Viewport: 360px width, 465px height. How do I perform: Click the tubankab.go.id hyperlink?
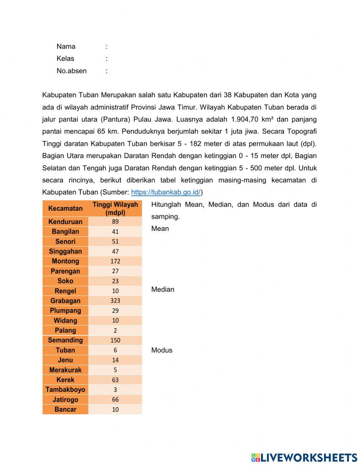pos(166,192)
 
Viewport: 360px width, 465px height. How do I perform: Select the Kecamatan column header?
pos(65,209)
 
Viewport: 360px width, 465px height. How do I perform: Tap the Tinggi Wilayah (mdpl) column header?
pos(115,209)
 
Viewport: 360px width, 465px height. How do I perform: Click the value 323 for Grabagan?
pos(115,301)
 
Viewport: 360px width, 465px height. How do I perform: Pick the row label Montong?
pos(65,261)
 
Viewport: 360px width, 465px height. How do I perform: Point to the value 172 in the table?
pos(115,261)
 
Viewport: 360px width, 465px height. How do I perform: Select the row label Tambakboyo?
pos(65,390)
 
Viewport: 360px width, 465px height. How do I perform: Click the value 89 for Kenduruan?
pos(115,222)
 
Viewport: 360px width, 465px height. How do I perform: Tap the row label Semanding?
pos(65,340)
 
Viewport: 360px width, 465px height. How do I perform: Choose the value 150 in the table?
pos(115,340)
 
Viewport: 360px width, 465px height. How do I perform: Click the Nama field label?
pos(66,46)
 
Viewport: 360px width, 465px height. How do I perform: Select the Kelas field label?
pos(65,59)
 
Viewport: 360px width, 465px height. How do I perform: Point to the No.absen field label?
pos(71,71)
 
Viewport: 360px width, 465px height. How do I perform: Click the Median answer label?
pos(163,290)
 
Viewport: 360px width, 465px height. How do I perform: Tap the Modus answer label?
pos(162,350)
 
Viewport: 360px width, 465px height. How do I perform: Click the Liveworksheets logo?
pos(304,457)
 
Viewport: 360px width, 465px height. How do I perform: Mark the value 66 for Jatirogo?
pos(115,399)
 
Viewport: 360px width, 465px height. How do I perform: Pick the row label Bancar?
pos(65,410)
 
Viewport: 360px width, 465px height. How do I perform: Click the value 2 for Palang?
pos(115,331)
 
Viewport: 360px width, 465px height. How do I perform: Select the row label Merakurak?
pos(65,370)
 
